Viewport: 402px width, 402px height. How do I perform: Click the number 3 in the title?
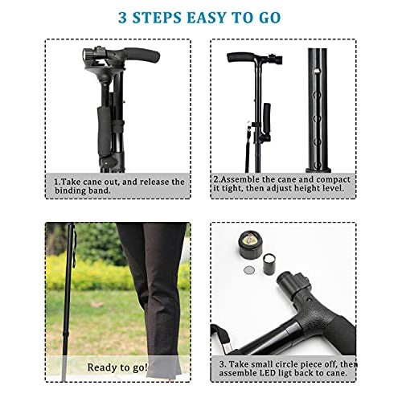(124, 17)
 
